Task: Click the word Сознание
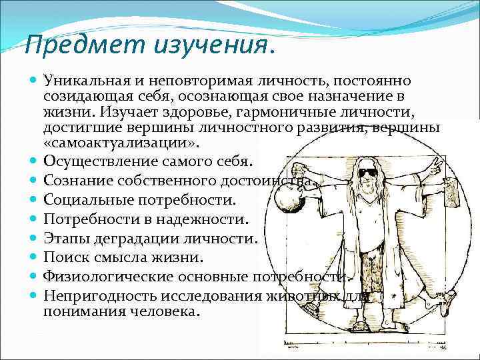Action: (75, 180)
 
